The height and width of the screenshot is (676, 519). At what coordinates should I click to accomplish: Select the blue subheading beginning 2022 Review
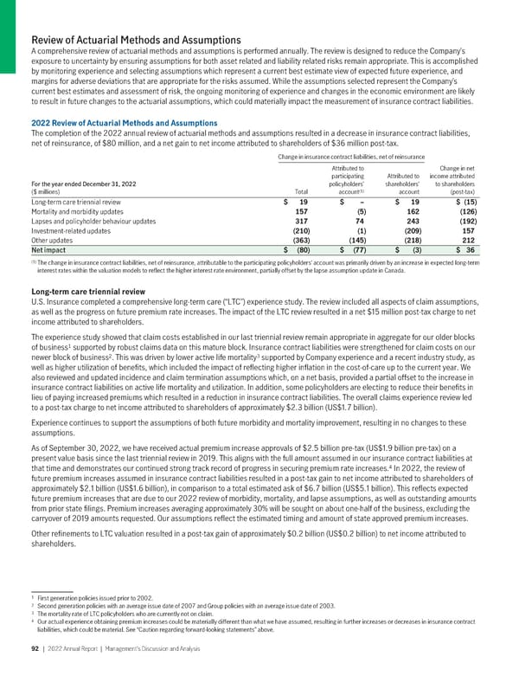pyautogui.click(x=125, y=123)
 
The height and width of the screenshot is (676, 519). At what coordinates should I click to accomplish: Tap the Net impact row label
pyautogui.click(x=49, y=251)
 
